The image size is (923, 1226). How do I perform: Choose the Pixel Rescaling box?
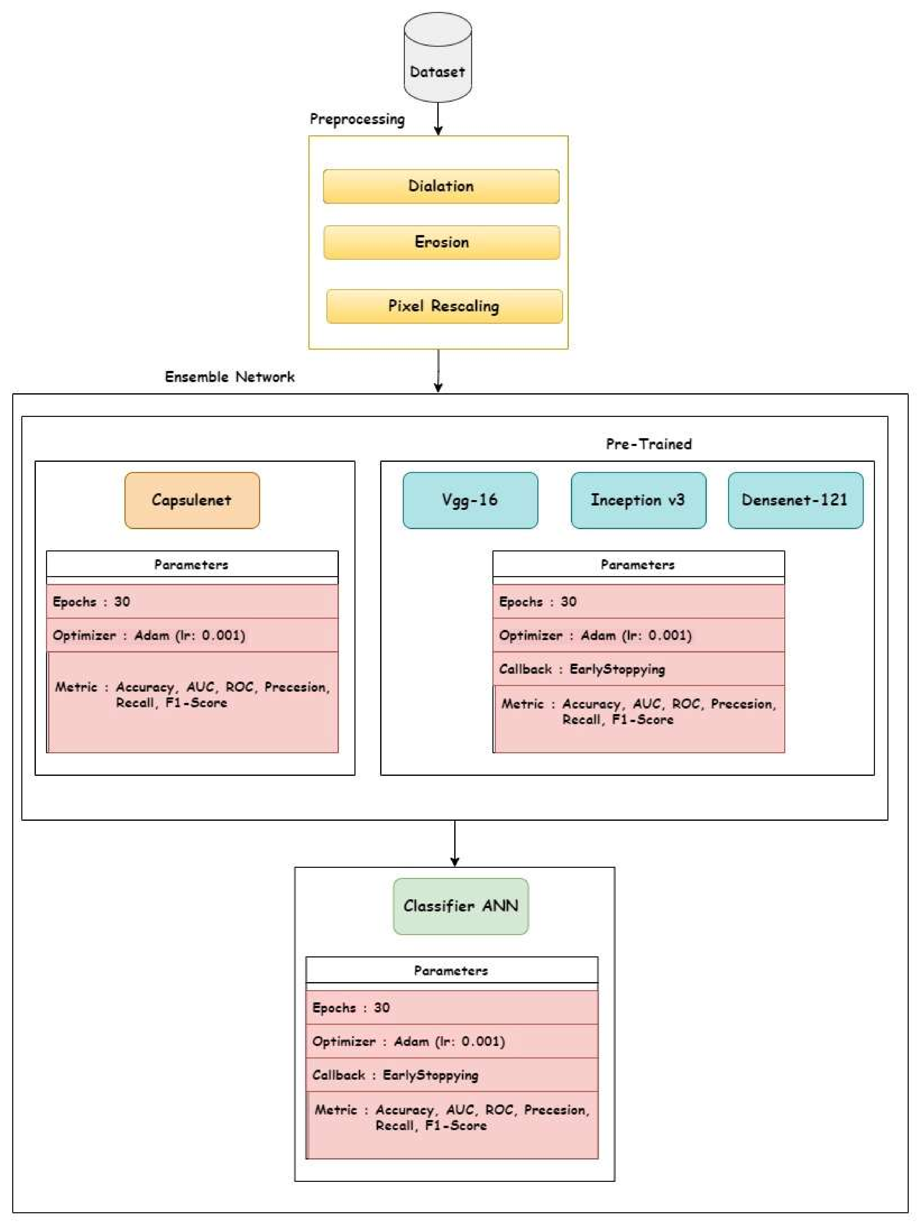pos(444,306)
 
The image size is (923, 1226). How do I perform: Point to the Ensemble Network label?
pos(229,377)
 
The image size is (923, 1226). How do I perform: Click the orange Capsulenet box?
pos(192,500)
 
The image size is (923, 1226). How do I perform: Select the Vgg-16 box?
pos(470,500)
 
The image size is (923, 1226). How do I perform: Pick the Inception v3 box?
pos(638,500)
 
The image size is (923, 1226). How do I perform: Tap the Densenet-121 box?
pos(795,500)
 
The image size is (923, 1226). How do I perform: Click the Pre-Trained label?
pos(649,444)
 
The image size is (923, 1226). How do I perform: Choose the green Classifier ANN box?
pos(461,906)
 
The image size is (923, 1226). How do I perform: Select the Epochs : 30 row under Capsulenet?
pos(192,601)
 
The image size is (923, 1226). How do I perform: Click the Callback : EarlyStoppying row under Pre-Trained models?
pos(638,669)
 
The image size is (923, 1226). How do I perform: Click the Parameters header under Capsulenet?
pos(192,565)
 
